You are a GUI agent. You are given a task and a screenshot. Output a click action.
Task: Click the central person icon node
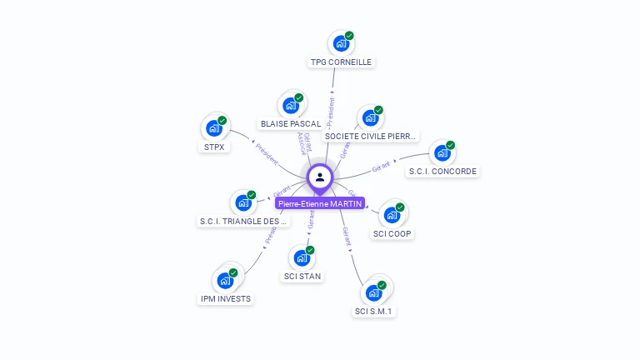tap(320, 177)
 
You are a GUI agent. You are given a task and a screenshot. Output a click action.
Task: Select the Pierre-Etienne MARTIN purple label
tap(320, 203)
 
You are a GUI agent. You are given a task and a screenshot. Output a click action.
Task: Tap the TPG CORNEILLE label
tap(341, 62)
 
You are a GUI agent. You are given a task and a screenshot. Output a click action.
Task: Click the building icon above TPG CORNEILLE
tap(340, 43)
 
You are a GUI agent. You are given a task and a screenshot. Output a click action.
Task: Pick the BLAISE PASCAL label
tap(290, 123)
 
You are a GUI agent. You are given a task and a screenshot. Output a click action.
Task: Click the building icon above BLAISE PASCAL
tap(290, 105)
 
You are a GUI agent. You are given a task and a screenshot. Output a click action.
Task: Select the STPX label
tap(214, 147)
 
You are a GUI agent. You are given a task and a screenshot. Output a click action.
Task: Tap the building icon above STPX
tap(214, 128)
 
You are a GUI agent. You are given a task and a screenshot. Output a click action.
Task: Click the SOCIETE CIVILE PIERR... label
tap(370, 136)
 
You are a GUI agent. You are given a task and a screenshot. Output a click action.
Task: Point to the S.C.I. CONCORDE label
tap(442, 172)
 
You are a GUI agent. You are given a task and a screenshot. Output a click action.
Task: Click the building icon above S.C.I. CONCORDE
tap(442, 153)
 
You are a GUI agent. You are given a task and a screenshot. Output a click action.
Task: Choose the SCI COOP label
tap(392, 233)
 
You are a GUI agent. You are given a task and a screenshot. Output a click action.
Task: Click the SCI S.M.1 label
tap(373, 312)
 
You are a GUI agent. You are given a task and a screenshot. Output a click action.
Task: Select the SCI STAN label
tap(302, 276)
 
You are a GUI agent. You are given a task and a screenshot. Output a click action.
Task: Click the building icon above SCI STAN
tap(302, 257)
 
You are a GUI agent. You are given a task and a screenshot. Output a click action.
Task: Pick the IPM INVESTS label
tap(226, 298)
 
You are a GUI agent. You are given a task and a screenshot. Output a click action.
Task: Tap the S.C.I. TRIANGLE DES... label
tap(244, 221)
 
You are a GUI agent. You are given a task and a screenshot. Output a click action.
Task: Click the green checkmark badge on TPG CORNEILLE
tap(349, 36)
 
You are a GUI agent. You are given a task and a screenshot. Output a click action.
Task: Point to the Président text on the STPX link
tap(267, 154)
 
